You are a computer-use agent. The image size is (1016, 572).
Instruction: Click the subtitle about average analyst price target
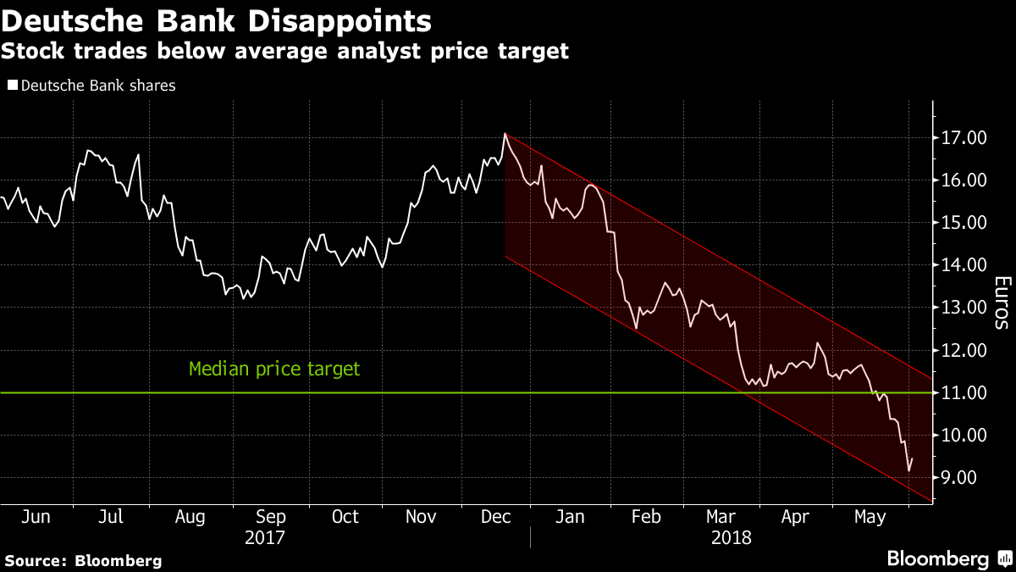284,52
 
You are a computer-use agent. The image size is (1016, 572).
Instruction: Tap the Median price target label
273,369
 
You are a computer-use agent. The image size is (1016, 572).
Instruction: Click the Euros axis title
1002,303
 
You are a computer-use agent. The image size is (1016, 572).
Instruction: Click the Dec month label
495,517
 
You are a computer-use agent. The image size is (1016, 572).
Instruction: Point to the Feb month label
648,517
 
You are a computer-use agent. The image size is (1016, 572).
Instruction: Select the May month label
870,517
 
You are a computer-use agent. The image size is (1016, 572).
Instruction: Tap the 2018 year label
731,537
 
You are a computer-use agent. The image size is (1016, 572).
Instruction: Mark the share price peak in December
505,133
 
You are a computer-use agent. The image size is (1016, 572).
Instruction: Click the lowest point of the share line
908,470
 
